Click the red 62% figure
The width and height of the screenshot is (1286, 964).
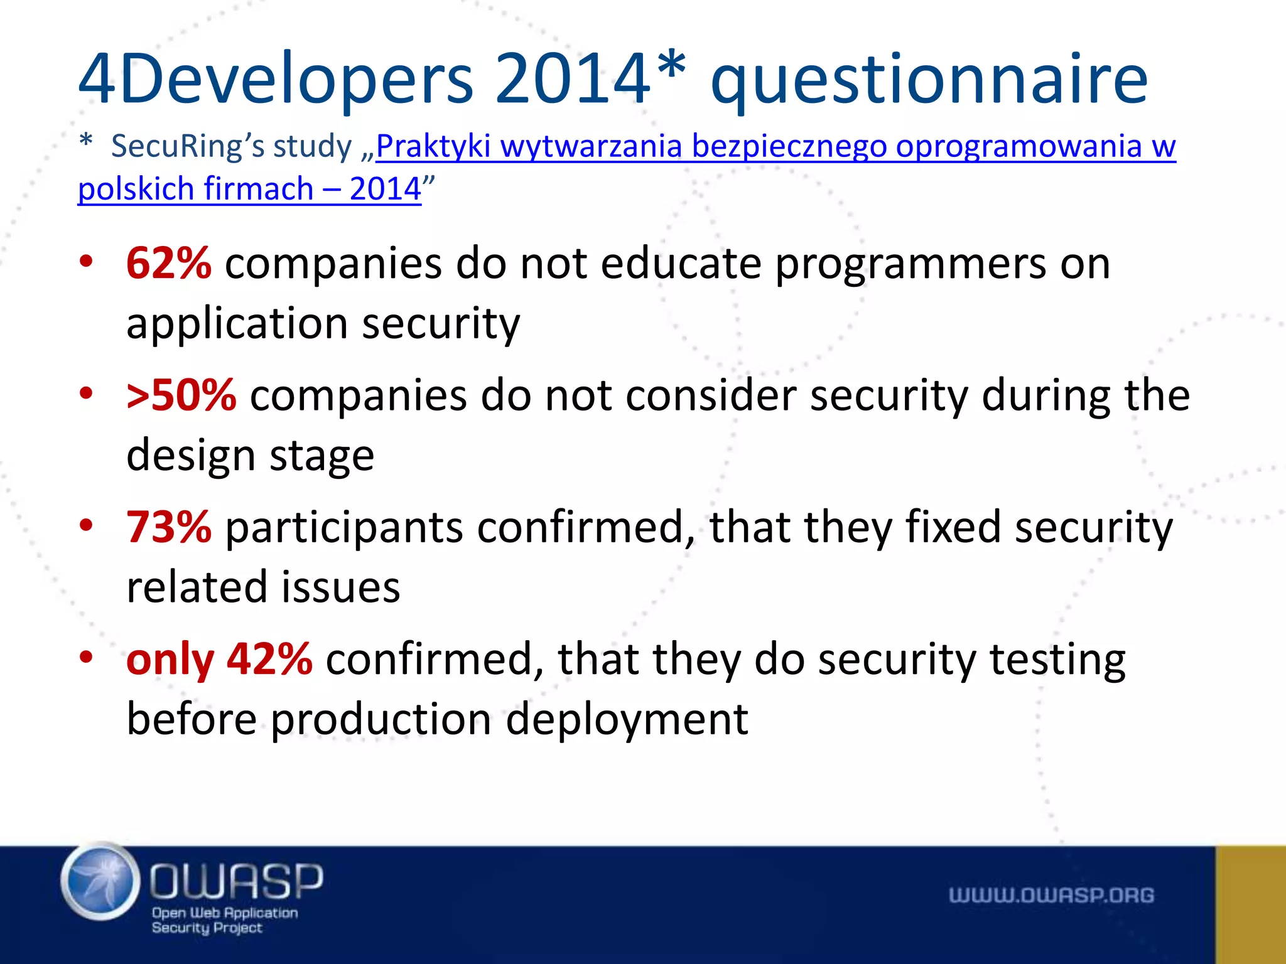coord(168,263)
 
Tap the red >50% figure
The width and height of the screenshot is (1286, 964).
coord(181,395)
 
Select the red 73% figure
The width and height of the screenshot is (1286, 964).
coord(168,527)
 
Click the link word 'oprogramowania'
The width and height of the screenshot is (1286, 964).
coord(1018,146)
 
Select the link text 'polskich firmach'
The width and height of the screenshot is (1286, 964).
coord(195,189)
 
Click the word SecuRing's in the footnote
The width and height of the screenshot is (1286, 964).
coord(187,146)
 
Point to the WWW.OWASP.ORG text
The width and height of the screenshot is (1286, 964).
coord(1051,895)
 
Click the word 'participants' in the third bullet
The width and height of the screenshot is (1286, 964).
coord(343,527)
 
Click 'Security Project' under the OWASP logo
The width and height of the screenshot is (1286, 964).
coord(207,928)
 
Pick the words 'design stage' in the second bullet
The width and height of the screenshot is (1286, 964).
coord(250,455)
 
